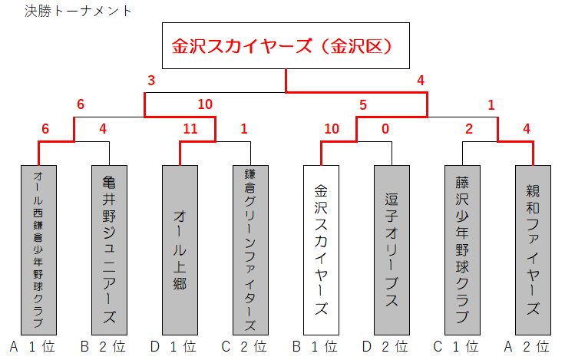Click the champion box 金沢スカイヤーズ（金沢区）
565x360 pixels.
[286, 46]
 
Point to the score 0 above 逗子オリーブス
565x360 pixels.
[385, 129]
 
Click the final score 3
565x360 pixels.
[151, 81]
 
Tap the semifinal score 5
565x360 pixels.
[363, 104]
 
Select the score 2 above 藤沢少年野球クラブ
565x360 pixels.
[468, 129]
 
